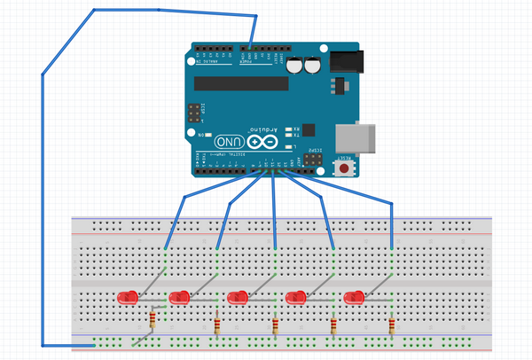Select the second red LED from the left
point(179,297)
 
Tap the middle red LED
point(238,297)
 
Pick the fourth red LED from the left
point(295,297)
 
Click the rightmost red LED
point(354,297)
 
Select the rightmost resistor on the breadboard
point(391,327)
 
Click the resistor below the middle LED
point(275,327)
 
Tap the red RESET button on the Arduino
point(341,166)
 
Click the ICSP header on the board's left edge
point(192,114)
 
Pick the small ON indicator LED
point(207,134)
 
